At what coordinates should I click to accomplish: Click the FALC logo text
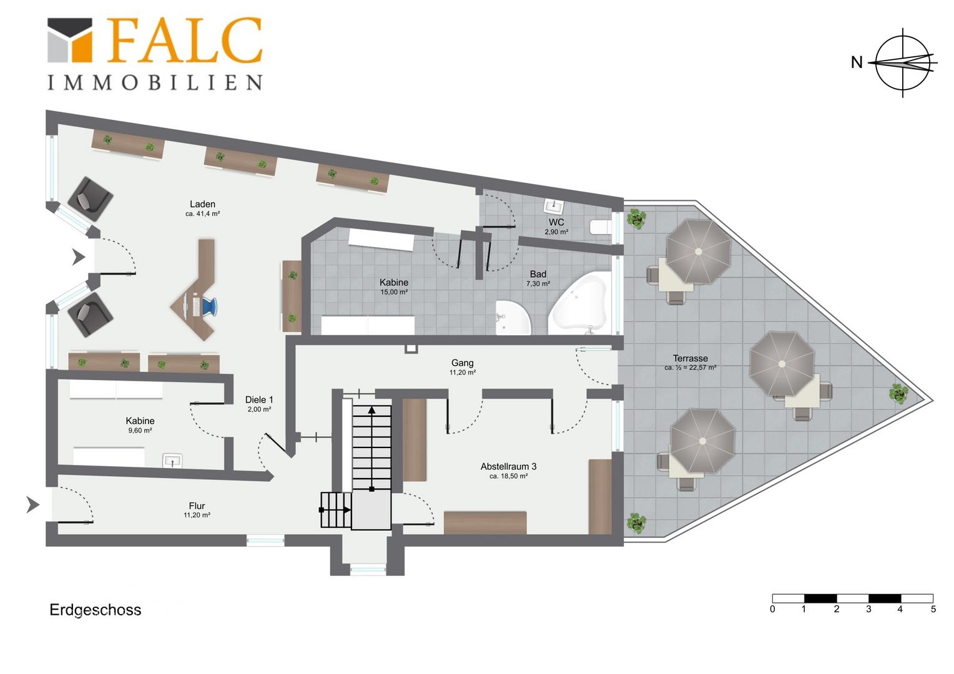185,41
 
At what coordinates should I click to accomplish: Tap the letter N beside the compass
857,62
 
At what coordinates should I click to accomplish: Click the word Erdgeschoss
96,610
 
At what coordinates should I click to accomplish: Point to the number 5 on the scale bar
933,609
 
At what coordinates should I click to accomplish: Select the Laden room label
202,204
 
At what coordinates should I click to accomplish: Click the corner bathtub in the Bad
579,304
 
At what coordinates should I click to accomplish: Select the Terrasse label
691,358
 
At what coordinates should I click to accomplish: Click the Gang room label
462,363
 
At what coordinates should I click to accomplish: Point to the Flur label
197,506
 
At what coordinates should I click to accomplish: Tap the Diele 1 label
259,399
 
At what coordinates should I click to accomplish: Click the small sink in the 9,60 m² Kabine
172,461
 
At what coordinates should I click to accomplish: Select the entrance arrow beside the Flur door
33,504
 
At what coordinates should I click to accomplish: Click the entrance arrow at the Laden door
79,256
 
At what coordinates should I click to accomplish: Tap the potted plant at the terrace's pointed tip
898,393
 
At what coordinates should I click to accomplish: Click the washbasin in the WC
554,207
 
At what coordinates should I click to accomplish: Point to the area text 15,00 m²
394,292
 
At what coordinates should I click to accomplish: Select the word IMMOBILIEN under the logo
155,82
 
